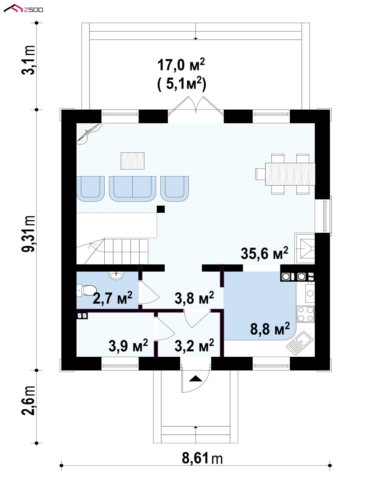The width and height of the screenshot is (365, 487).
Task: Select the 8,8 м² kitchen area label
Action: [x=270, y=329]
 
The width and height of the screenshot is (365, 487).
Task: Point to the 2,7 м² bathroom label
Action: [x=113, y=298]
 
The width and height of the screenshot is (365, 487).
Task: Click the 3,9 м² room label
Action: [x=128, y=345]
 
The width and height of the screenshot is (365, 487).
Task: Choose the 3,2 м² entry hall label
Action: [x=194, y=345]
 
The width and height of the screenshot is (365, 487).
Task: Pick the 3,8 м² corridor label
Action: [x=194, y=298]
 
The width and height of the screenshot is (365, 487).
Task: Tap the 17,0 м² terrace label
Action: [x=181, y=65]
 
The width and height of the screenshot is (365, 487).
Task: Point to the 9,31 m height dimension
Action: [x=28, y=234]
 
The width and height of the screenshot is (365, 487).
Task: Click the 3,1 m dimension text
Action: [x=28, y=60]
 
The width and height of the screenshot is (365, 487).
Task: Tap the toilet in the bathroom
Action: [x=87, y=290]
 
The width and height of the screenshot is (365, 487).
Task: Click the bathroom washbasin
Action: [x=116, y=275]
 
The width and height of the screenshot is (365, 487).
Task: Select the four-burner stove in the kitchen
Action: [x=305, y=314]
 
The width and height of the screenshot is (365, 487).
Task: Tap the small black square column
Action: [x=161, y=209]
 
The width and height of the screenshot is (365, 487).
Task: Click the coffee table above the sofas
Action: [x=132, y=161]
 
